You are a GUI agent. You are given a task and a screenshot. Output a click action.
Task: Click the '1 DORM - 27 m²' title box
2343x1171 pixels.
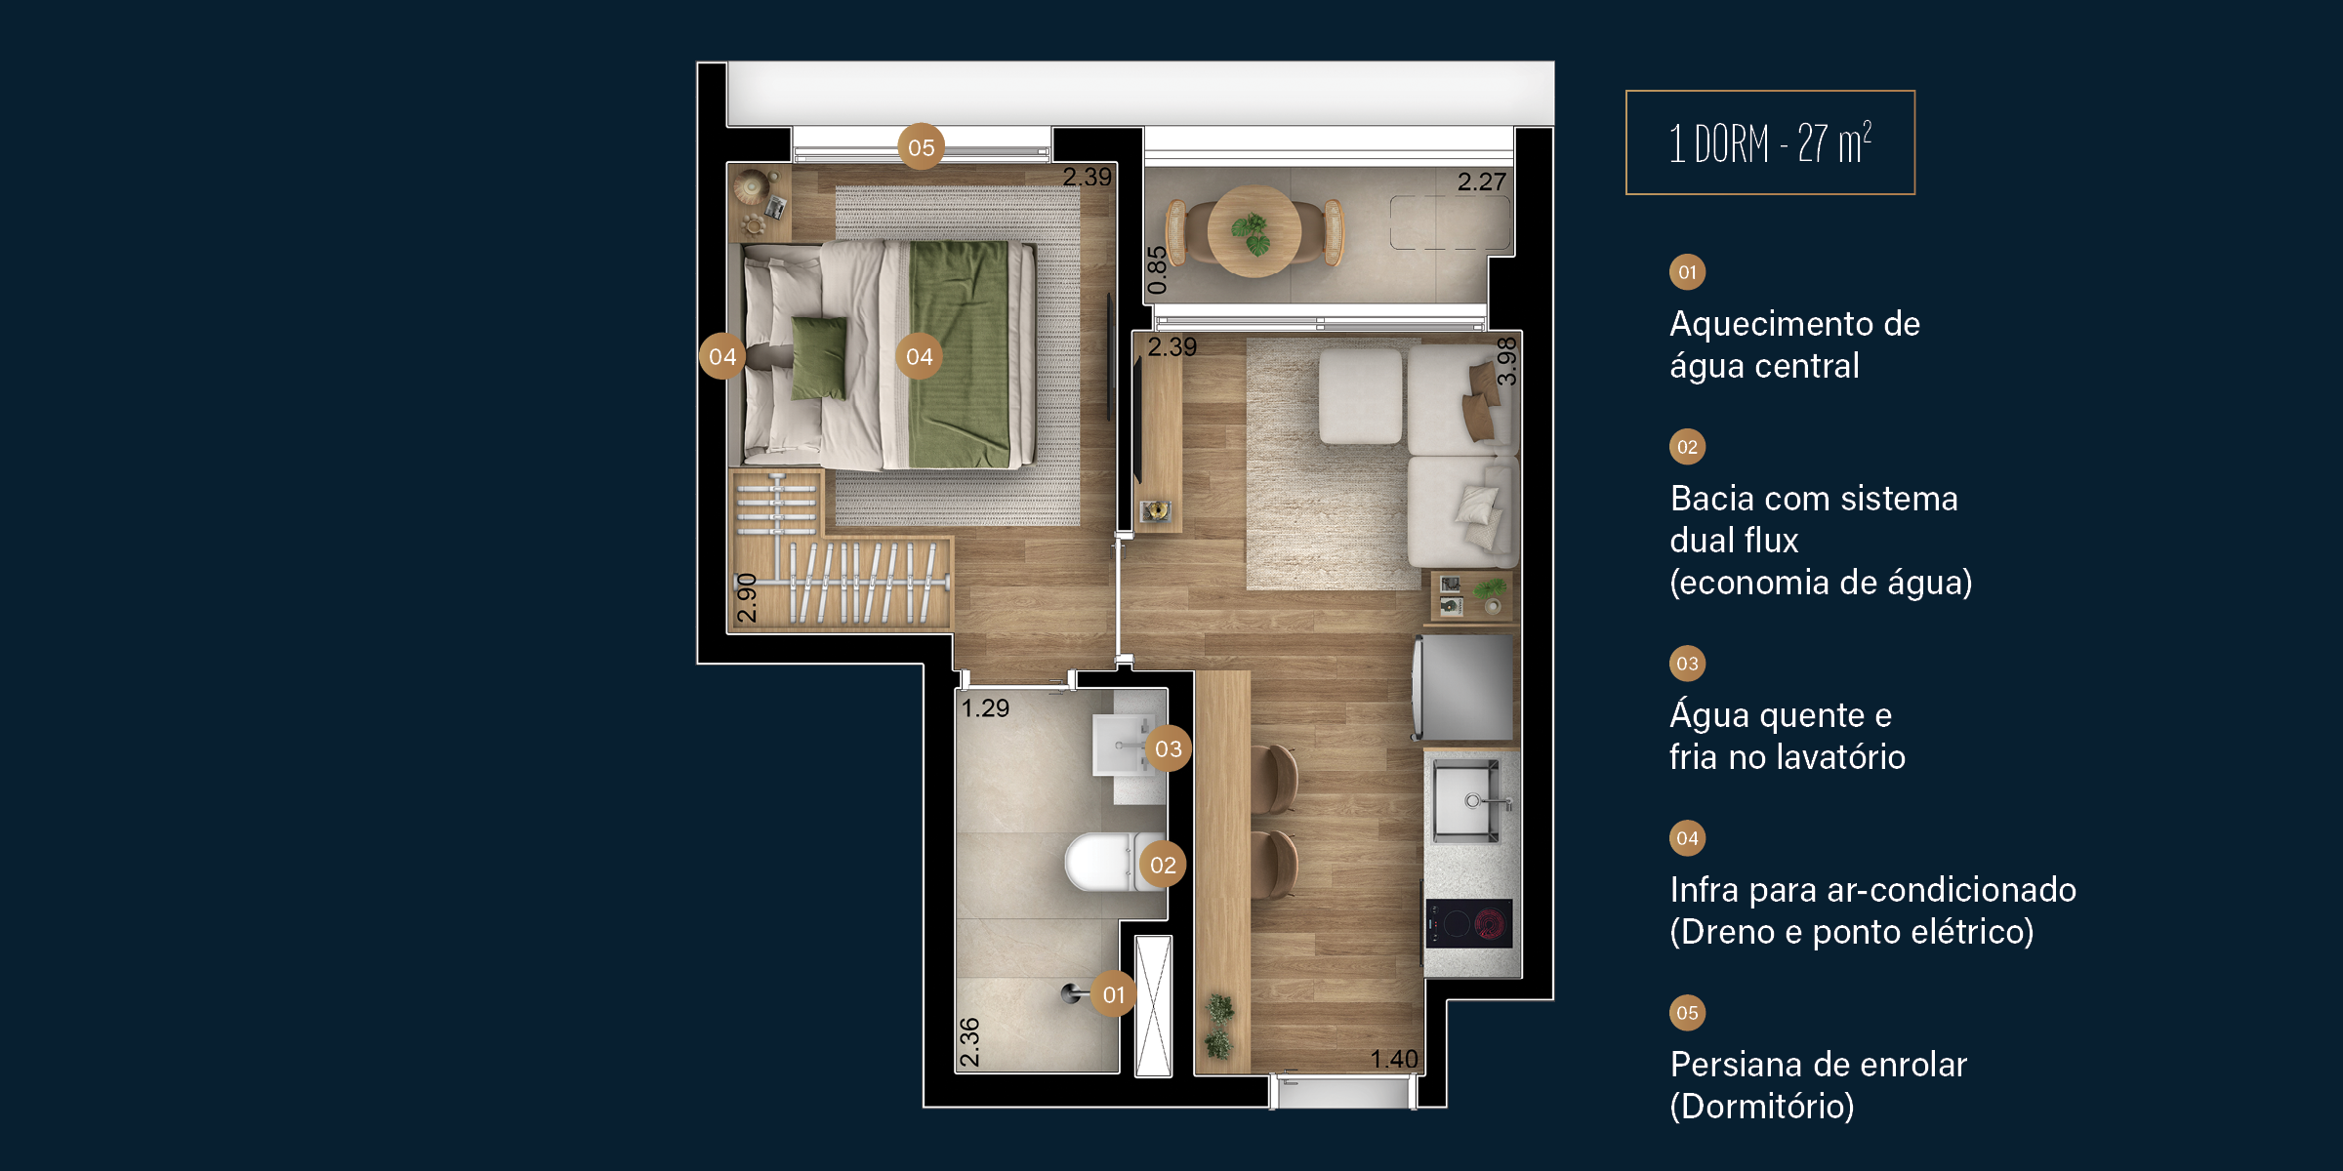pos(1770,142)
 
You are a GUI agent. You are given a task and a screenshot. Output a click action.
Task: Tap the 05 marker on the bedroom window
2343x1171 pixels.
pos(921,147)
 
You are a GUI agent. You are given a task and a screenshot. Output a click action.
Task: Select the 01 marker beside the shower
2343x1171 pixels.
pos(1113,994)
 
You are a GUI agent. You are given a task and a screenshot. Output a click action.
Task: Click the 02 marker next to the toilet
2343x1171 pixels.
pos(1163,865)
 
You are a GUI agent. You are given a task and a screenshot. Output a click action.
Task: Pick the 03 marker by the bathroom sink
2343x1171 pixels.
pos(1169,748)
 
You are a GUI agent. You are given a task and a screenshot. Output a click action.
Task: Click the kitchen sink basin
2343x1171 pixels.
pos(1466,801)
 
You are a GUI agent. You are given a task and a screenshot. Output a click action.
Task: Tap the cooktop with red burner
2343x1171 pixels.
pos(1468,923)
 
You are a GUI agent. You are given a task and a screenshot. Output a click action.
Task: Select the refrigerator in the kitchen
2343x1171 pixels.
pos(1462,687)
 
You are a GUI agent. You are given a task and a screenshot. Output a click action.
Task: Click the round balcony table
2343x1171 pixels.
pos(1254,232)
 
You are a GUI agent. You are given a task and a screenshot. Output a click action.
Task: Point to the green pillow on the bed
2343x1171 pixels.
pos(818,358)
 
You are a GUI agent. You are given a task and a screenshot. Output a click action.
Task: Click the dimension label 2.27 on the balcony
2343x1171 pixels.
pos(1481,182)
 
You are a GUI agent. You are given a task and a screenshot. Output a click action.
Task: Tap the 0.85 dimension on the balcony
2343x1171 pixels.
pos(1157,270)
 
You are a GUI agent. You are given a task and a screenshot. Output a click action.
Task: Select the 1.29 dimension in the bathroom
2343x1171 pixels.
pos(985,707)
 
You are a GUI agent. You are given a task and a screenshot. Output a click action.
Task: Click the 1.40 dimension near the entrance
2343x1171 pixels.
pos(1393,1059)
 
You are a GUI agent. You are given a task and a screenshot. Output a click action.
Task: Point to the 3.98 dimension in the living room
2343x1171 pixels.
pos(1506,361)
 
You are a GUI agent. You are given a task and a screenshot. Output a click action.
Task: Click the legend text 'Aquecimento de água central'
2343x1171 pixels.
pos(1794,344)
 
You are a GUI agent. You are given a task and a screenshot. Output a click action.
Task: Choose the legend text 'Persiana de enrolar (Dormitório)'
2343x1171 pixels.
pos(1818,1085)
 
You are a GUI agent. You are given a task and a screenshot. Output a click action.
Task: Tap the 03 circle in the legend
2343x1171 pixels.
pos(1687,664)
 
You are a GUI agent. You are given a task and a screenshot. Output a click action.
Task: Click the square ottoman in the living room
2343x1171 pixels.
pos(1360,396)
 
